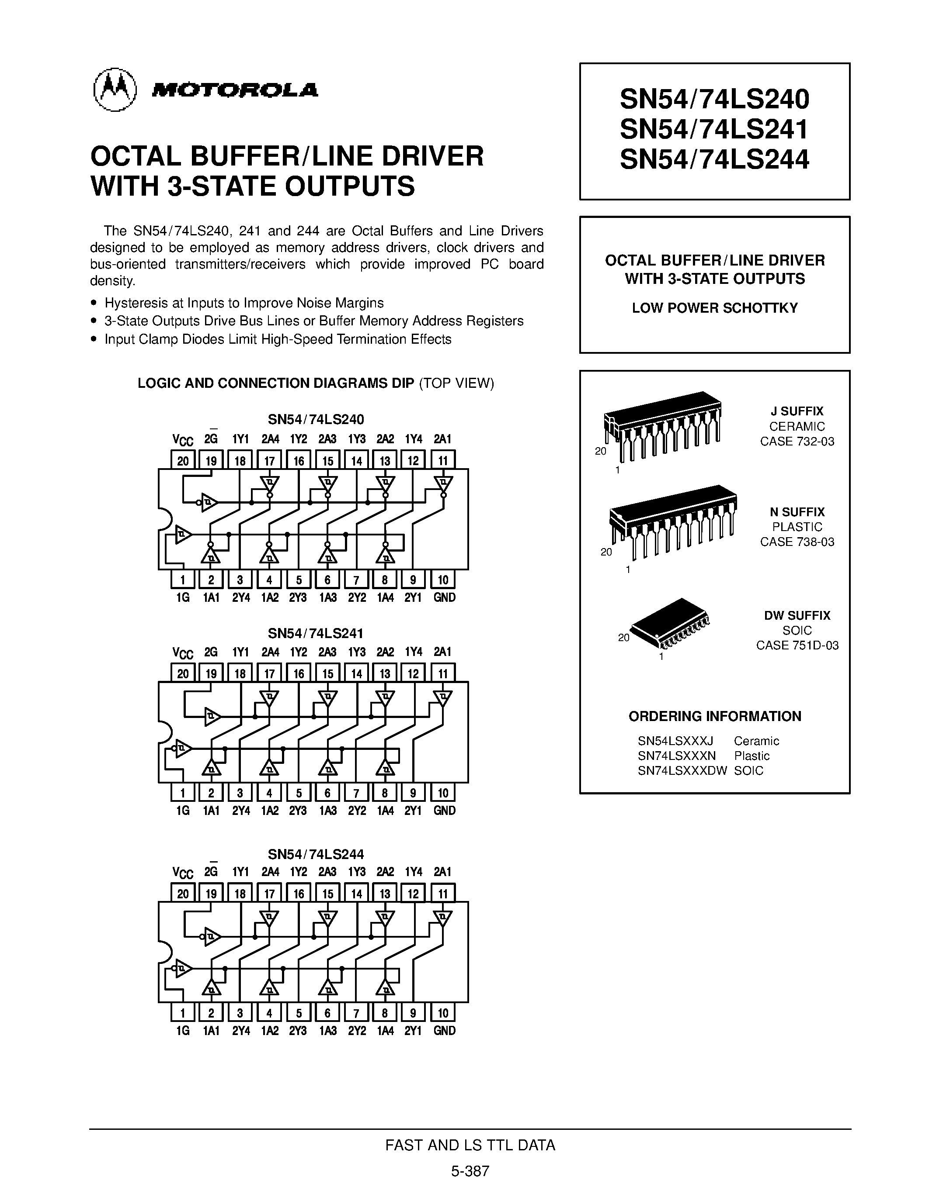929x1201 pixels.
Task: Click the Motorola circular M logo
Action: point(115,90)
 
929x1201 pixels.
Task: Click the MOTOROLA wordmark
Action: point(235,90)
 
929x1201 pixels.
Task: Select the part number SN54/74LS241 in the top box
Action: point(714,130)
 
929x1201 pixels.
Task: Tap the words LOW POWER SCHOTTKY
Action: point(714,308)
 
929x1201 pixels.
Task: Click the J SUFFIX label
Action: point(797,411)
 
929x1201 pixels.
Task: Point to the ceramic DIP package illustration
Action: point(663,426)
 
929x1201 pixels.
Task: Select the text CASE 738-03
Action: point(797,542)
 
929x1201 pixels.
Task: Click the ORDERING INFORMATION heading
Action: point(714,717)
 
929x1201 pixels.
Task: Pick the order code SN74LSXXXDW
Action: point(682,771)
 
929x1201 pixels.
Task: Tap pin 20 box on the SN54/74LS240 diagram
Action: point(183,461)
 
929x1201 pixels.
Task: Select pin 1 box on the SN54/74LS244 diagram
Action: point(183,1012)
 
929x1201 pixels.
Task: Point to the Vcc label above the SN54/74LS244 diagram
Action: point(183,873)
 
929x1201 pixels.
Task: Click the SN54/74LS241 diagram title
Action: point(315,633)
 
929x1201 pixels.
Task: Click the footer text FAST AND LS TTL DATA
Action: point(470,1145)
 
